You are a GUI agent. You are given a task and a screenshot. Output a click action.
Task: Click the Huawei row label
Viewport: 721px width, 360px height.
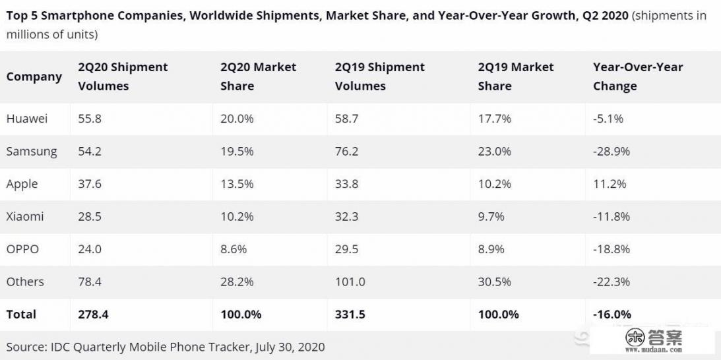click(27, 119)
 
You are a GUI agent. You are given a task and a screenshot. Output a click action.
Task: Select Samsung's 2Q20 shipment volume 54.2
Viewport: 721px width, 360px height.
click(90, 152)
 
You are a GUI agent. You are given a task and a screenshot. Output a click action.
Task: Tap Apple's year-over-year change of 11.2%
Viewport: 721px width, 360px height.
click(610, 184)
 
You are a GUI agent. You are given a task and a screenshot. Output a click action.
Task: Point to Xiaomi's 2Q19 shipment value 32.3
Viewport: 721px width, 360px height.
click(346, 216)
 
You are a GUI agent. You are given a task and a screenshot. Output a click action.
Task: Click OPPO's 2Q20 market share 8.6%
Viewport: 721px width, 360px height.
click(232, 249)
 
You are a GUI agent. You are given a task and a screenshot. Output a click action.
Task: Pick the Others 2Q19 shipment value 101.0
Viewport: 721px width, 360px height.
click(350, 282)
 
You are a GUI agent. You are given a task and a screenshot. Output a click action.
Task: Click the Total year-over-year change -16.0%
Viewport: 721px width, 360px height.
click(612, 315)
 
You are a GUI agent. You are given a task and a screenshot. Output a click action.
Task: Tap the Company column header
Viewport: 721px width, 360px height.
click(34, 76)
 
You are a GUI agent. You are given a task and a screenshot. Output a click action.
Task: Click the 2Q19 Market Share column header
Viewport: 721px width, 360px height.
click(516, 76)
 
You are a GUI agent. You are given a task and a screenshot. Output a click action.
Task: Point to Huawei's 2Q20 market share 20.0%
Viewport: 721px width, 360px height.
click(237, 119)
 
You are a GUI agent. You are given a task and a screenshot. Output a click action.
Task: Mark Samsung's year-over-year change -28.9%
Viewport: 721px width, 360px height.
click(611, 152)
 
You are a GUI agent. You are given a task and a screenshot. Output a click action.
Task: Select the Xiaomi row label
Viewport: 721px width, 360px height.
click(25, 216)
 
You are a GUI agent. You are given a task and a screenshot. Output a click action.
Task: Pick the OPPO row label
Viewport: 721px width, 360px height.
click(22, 249)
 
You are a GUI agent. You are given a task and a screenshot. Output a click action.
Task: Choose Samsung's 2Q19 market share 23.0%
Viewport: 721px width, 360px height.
click(495, 152)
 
